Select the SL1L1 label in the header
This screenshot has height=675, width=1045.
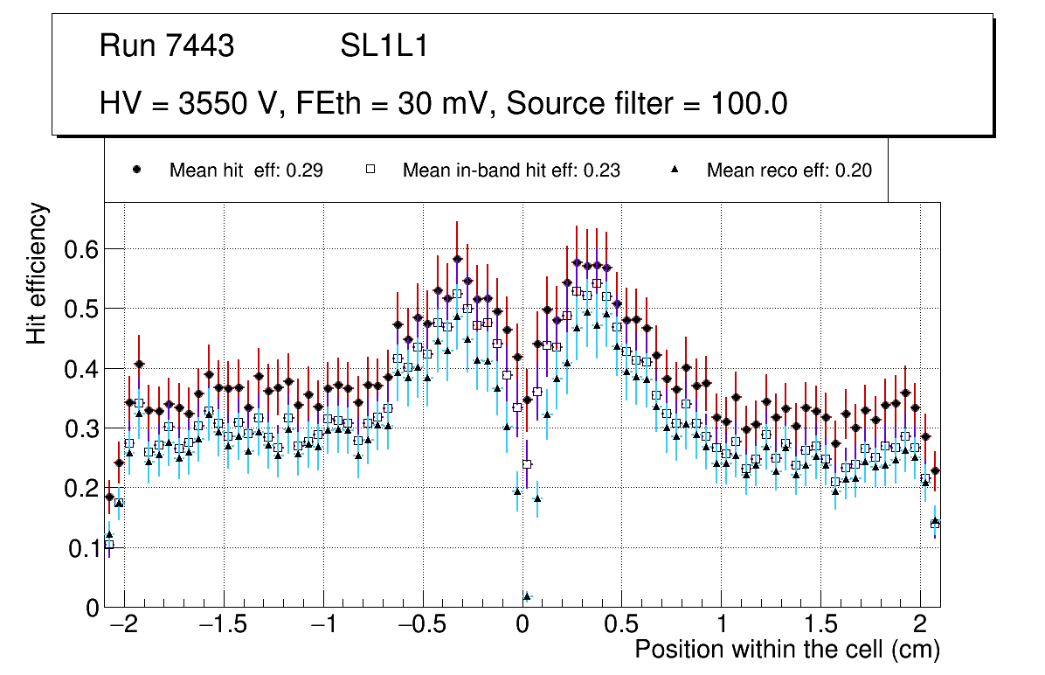click(384, 46)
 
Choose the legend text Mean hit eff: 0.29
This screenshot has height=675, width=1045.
click(246, 170)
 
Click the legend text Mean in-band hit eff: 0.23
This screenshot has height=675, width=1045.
click(511, 170)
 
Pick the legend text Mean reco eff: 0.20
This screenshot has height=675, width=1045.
click(788, 170)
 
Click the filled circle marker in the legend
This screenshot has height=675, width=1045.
click(136, 170)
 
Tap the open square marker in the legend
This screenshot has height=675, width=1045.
click(370, 170)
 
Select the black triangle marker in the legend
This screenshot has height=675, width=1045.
click(675, 170)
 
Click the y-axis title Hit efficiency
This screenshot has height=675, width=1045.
click(37, 274)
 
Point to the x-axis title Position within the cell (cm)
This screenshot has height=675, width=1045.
click(786, 650)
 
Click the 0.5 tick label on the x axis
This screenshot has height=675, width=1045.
click(622, 627)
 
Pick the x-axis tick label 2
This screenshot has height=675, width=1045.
click(920, 627)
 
